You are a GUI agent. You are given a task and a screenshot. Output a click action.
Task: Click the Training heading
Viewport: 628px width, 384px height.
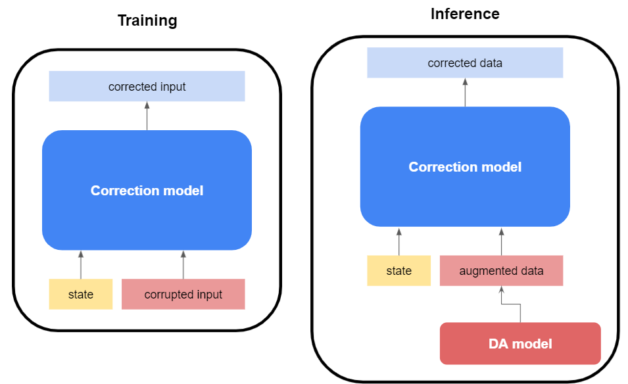pos(147,20)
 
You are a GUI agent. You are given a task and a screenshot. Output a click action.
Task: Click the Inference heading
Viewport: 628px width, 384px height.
pos(465,14)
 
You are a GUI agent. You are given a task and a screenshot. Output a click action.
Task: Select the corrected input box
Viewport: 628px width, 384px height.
pos(147,86)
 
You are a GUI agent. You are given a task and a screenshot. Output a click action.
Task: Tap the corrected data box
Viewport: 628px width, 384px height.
pos(465,63)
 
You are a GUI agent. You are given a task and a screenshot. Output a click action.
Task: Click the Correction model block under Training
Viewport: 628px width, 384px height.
pos(147,191)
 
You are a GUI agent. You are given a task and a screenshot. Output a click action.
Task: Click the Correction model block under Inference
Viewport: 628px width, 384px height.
pos(465,167)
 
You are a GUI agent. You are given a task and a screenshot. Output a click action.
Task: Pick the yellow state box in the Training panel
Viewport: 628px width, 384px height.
pos(81,294)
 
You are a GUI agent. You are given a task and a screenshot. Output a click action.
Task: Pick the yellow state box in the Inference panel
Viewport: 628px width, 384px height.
pos(399,271)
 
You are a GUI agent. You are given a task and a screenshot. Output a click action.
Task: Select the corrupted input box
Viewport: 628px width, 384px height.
pos(183,294)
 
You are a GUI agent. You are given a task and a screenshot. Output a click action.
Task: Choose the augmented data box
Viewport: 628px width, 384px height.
pos(501,271)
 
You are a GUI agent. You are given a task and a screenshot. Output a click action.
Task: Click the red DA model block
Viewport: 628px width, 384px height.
pos(519,343)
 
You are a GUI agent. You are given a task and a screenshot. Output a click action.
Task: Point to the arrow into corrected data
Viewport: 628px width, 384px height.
pos(465,93)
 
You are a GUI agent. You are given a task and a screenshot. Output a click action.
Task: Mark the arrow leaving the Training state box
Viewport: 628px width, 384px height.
pos(81,265)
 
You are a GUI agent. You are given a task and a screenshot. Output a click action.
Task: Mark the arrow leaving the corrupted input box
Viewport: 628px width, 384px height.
pos(183,265)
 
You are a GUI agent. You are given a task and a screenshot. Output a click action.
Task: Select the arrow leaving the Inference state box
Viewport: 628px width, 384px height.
pos(399,242)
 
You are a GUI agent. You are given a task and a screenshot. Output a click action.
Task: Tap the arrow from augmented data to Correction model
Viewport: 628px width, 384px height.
pos(501,242)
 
